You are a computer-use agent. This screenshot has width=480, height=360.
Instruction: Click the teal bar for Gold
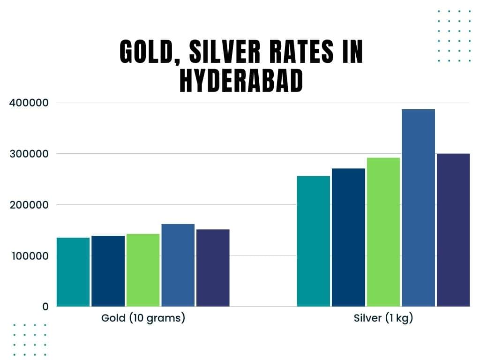click(x=73, y=272)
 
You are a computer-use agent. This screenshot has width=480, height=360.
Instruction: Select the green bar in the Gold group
click(x=143, y=270)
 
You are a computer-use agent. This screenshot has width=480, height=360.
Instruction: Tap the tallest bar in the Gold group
click(x=178, y=265)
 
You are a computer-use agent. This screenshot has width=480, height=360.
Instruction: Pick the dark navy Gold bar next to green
click(x=108, y=271)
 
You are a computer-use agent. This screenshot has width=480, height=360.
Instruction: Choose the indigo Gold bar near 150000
click(x=213, y=268)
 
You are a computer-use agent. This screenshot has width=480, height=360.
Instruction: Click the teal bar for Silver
click(x=314, y=241)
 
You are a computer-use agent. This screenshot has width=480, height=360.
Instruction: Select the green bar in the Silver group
click(x=383, y=232)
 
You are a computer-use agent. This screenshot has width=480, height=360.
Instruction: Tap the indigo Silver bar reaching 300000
click(x=453, y=230)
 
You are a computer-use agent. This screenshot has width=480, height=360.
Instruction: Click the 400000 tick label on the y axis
click(x=29, y=103)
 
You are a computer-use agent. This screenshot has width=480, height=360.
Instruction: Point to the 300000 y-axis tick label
click(x=29, y=154)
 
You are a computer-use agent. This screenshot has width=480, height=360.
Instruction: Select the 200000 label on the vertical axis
click(x=29, y=205)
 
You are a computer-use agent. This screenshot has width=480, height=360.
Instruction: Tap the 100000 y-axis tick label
click(x=29, y=256)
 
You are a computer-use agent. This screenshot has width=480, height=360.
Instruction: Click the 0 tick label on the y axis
click(x=45, y=307)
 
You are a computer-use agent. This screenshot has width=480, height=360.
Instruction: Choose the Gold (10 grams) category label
click(x=143, y=318)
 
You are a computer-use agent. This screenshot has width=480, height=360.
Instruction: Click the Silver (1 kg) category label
click(x=383, y=318)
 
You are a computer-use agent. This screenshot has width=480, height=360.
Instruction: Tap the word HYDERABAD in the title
click(x=241, y=80)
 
